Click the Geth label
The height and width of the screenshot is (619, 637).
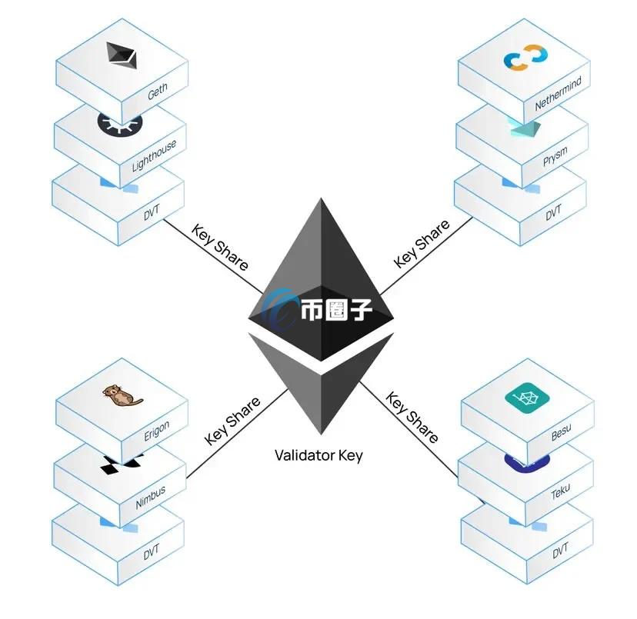coord(157,93)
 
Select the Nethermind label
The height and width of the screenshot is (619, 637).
coord(559,92)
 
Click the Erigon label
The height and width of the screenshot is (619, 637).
coord(156,431)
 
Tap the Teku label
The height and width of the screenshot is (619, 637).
coord(560,492)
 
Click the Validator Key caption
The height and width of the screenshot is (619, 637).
coord(318,455)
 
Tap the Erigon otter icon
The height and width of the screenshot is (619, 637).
coord(122,396)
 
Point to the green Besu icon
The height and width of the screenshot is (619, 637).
coord(525,398)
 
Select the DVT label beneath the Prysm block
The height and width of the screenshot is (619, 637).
coord(554,213)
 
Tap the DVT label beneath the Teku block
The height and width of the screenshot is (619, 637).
coord(560,550)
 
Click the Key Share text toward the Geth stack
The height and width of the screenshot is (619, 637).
coord(220,247)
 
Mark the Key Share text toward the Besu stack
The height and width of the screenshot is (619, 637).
coord(412,418)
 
